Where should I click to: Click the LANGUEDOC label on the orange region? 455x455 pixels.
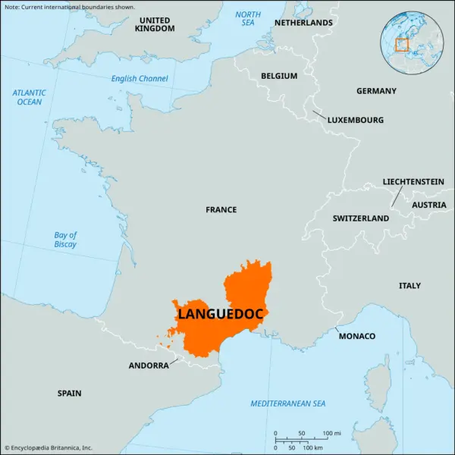click(221, 313)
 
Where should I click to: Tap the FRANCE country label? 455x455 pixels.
click(221, 209)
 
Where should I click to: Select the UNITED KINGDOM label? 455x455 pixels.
click(155, 24)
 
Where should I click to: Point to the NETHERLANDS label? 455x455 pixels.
click(303, 23)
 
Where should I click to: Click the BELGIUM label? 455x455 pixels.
click(279, 76)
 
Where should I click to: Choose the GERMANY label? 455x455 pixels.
click(376, 91)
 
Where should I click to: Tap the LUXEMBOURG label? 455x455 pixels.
click(355, 120)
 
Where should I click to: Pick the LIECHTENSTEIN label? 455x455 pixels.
click(413, 182)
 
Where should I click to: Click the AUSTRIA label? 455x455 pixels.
click(428, 205)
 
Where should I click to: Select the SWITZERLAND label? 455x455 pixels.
click(360, 218)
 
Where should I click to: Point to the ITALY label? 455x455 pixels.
click(409, 286)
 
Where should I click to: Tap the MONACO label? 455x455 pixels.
click(356, 336)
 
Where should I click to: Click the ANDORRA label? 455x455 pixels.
click(149, 366)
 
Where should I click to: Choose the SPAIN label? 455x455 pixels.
click(69, 394)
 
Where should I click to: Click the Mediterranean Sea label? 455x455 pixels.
click(288, 403)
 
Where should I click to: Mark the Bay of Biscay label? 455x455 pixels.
click(65, 240)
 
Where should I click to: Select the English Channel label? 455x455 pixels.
click(140, 79)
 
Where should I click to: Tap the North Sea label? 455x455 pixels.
click(247, 19)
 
